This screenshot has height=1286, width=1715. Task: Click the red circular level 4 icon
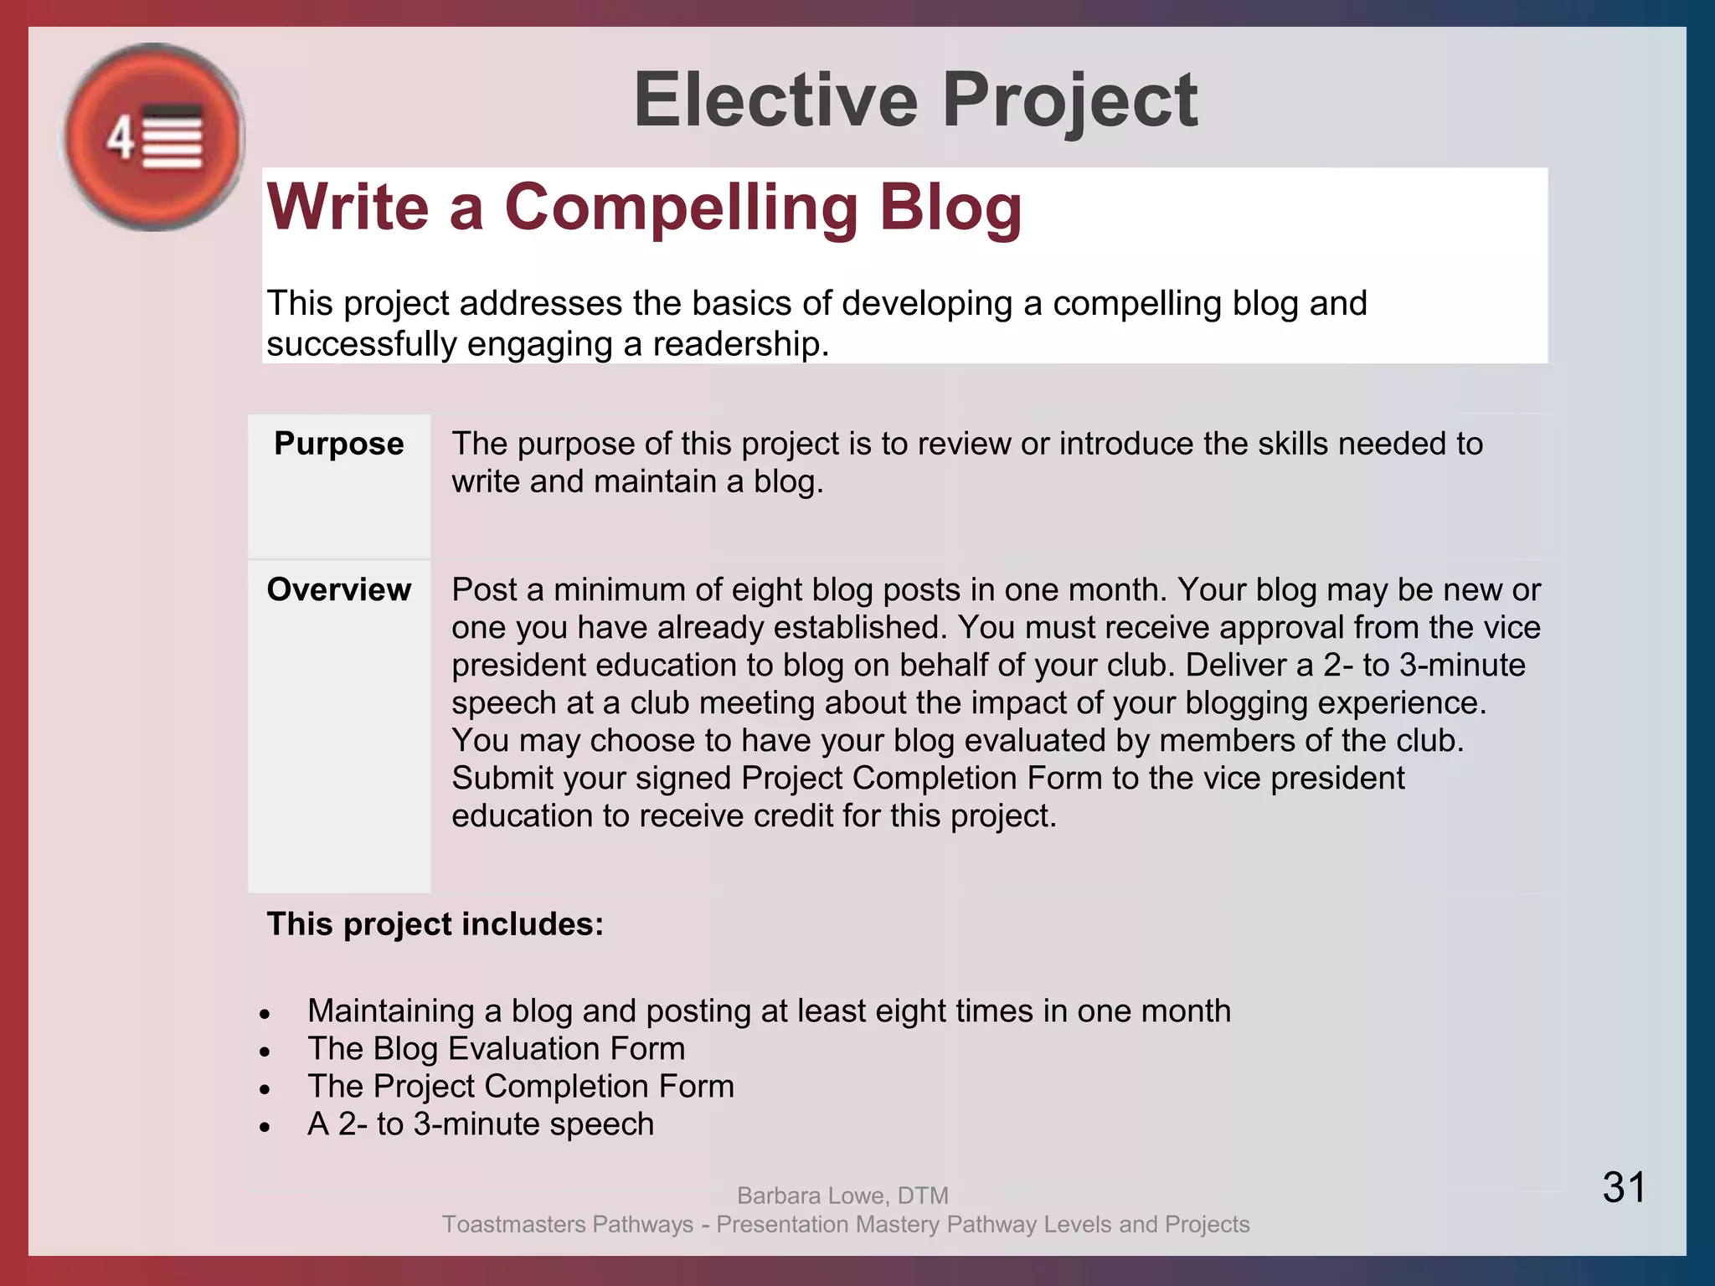(x=154, y=137)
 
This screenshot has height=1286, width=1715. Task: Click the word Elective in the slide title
(x=775, y=100)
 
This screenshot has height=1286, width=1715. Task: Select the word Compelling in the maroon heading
(x=681, y=207)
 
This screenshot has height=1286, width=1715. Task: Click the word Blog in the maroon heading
(x=950, y=207)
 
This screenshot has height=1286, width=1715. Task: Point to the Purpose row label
(x=338, y=444)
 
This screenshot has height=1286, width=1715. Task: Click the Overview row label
(x=338, y=589)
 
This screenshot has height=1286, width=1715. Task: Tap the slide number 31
(x=1624, y=1187)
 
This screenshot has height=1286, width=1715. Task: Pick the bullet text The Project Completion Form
(x=520, y=1086)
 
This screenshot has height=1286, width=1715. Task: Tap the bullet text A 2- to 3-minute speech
(x=480, y=1124)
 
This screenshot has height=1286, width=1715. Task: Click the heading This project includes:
(x=435, y=924)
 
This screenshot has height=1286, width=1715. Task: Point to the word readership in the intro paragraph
(x=739, y=344)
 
